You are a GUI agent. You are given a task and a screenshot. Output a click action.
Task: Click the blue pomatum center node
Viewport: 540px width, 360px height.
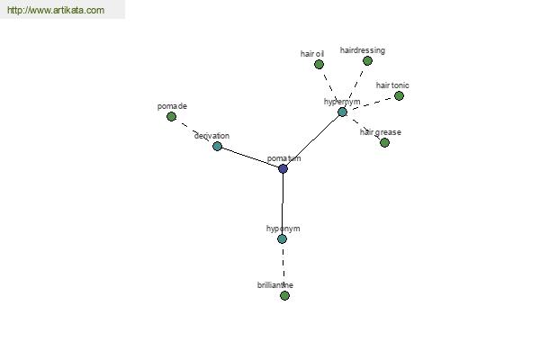click(x=283, y=168)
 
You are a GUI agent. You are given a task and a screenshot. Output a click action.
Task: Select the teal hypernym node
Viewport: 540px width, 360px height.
click(x=342, y=112)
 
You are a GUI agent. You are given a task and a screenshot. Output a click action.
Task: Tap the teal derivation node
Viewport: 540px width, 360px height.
click(x=217, y=146)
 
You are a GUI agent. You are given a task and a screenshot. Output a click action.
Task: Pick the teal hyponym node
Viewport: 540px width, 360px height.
click(x=282, y=238)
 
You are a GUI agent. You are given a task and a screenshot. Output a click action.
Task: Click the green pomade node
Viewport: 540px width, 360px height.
click(x=171, y=116)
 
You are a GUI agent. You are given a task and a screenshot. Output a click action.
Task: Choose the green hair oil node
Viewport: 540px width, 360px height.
click(x=319, y=64)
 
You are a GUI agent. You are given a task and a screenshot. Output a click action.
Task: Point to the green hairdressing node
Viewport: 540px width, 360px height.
click(x=367, y=60)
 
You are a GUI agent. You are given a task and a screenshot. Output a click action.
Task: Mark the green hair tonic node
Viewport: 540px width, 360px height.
click(x=399, y=95)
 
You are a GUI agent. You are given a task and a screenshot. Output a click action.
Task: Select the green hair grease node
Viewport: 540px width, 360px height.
click(x=384, y=142)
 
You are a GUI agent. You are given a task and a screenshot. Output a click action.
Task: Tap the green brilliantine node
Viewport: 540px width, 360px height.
click(x=284, y=295)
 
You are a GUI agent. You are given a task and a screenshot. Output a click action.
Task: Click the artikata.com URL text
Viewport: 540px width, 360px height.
click(x=56, y=10)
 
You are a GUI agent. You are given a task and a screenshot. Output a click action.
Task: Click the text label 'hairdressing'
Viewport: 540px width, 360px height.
click(x=363, y=50)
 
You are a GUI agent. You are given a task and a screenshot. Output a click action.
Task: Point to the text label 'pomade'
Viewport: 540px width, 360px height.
click(x=172, y=106)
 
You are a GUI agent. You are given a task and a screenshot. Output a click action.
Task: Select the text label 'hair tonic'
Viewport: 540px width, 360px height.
click(x=392, y=85)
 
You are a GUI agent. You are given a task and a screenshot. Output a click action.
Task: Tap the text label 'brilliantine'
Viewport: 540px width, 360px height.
click(x=275, y=285)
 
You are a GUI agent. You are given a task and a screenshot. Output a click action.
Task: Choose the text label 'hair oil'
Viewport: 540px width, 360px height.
click(x=312, y=54)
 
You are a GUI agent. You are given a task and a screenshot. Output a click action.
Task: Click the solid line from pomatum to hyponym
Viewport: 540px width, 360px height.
click(x=283, y=203)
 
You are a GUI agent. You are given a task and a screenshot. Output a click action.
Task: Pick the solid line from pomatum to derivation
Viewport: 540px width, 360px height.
click(x=250, y=157)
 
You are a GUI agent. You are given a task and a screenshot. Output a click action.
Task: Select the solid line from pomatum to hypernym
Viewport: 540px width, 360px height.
click(x=312, y=140)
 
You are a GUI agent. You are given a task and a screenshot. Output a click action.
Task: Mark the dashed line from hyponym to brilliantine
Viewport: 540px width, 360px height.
click(x=283, y=267)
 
